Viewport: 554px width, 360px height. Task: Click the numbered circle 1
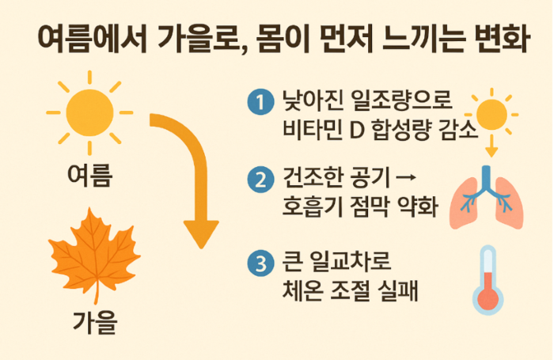pyautogui.click(x=260, y=102)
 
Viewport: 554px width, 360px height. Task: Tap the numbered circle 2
pyautogui.click(x=260, y=180)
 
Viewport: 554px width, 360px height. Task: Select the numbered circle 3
pyautogui.click(x=260, y=263)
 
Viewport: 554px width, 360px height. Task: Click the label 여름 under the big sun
pyautogui.click(x=89, y=176)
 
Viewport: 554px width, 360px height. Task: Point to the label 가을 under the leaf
pyautogui.click(x=95, y=323)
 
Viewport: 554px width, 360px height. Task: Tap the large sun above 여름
pyautogui.click(x=89, y=112)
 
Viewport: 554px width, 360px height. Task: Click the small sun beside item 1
pyautogui.click(x=491, y=114)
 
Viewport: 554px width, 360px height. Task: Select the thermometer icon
pyautogui.click(x=488, y=280)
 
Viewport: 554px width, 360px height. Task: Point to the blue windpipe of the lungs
pyautogui.click(x=487, y=180)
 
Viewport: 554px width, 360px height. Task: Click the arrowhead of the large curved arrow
pyautogui.click(x=201, y=234)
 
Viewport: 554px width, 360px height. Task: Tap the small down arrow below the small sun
pyautogui.click(x=491, y=146)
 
